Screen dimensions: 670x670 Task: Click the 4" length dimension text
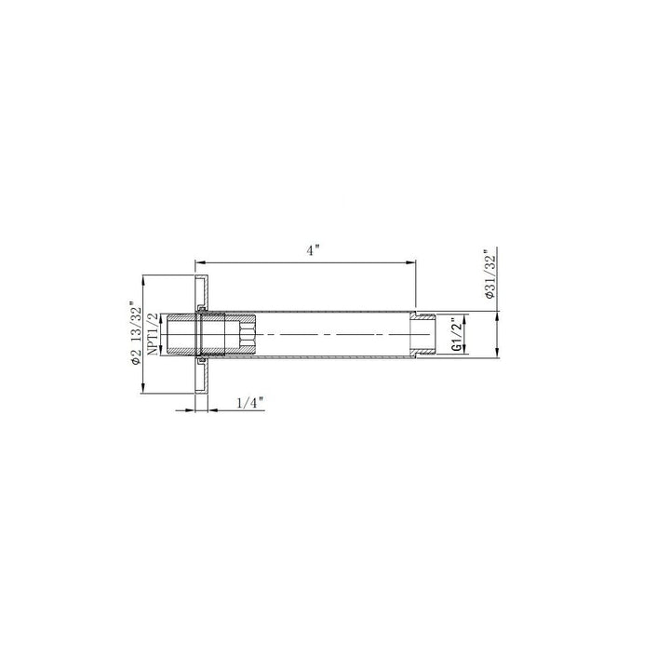[x=314, y=250]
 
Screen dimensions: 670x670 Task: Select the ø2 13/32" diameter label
[x=137, y=333]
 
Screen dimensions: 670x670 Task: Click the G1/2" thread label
[x=456, y=334]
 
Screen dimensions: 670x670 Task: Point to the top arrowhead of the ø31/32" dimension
[x=499, y=315]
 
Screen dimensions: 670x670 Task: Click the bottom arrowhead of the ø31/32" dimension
[x=499, y=355]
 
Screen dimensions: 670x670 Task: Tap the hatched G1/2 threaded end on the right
[x=426, y=334]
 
